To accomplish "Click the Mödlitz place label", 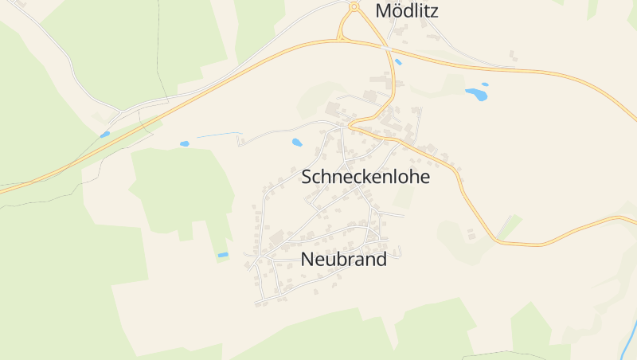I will (x=407, y=11).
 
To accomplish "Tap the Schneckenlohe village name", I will (x=365, y=177).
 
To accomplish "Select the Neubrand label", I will (x=344, y=259).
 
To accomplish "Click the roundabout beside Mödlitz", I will (x=354, y=7).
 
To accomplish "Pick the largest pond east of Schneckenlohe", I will (x=476, y=94).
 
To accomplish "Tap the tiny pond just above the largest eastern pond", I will (x=485, y=84).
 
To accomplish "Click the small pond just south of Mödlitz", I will (x=398, y=61).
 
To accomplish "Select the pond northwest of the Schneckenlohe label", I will (x=297, y=143).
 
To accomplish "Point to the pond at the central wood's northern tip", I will (x=184, y=144).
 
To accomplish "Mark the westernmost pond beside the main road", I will (x=104, y=135).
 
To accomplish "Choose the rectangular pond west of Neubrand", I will (x=223, y=255).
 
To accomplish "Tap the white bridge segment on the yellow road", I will (x=386, y=49).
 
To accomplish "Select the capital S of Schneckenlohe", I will (x=307, y=177).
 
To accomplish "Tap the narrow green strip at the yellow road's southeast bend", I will (x=507, y=226).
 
